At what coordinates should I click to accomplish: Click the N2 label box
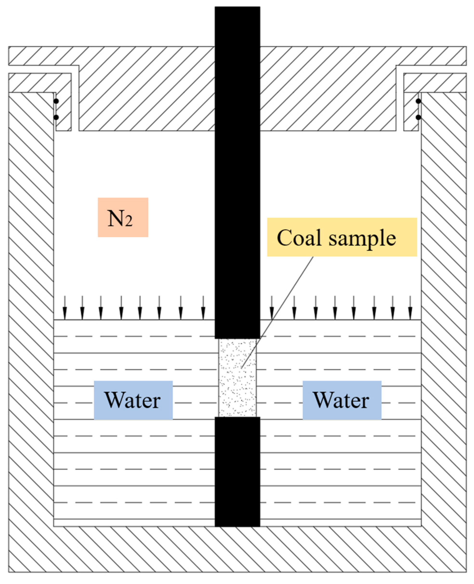tap(123, 217)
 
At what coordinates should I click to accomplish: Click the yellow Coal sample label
tap(342, 237)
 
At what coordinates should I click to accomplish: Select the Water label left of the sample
tap(133, 400)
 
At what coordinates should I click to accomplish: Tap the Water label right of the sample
tap(342, 400)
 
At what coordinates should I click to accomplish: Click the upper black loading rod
tap(237, 172)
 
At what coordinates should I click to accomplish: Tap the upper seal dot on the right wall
tap(418, 101)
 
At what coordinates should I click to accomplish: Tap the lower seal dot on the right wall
tap(418, 117)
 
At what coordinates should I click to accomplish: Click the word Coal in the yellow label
tap(299, 238)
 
